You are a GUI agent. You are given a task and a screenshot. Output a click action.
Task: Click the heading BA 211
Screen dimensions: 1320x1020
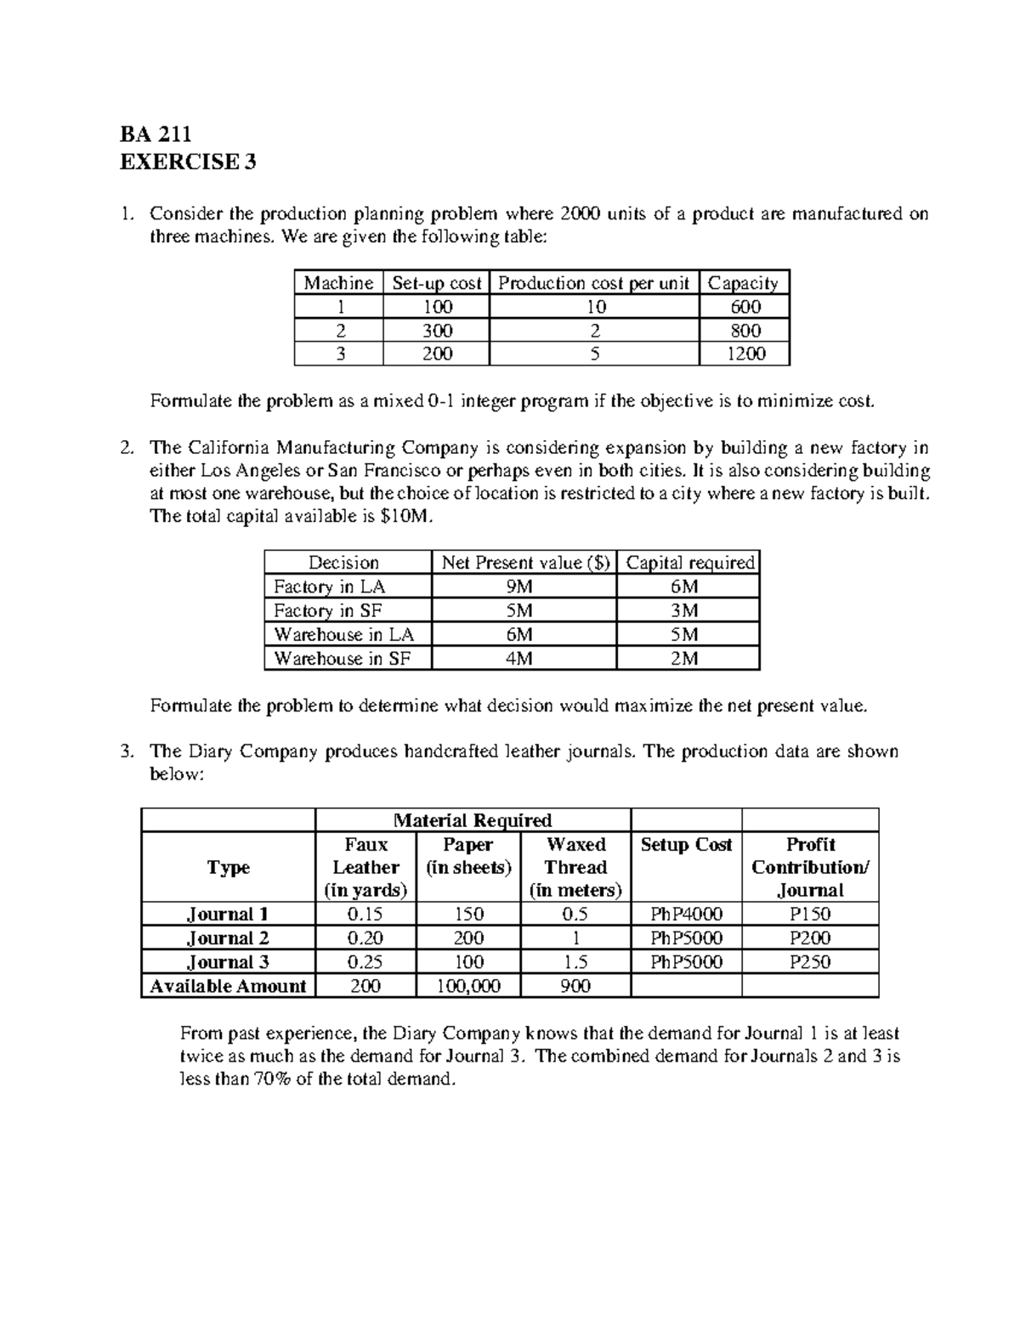click(x=156, y=134)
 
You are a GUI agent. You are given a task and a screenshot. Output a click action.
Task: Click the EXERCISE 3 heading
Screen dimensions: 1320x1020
click(x=188, y=161)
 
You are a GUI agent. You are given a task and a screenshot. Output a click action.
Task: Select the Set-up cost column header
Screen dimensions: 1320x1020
click(x=436, y=283)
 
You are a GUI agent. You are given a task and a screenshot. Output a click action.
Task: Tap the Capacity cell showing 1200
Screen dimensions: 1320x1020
click(x=745, y=354)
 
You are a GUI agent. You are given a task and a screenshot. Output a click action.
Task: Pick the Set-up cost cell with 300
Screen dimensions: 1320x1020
click(x=437, y=331)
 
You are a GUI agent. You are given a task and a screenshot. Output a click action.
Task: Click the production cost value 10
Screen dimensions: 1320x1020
click(x=595, y=307)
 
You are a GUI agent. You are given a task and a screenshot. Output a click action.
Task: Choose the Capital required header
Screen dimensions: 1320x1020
click(x=689, y=563)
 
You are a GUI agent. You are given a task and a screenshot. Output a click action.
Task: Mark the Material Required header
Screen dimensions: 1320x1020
click(x=473, y=820)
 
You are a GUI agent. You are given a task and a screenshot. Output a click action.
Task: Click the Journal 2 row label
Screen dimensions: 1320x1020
click(x=228, y=938)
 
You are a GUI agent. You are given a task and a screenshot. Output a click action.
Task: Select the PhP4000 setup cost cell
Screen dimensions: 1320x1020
click(x=686, y=915)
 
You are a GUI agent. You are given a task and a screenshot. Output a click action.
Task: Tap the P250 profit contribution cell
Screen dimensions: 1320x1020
click(x=810, y=962)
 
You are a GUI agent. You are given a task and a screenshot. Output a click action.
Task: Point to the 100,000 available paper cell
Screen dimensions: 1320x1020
click(x=468, y=986)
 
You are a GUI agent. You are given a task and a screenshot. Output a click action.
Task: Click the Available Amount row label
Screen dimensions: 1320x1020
click(x=228, y=986)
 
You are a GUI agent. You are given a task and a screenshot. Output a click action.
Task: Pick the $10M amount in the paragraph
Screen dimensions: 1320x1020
click(x=409, y=517)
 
